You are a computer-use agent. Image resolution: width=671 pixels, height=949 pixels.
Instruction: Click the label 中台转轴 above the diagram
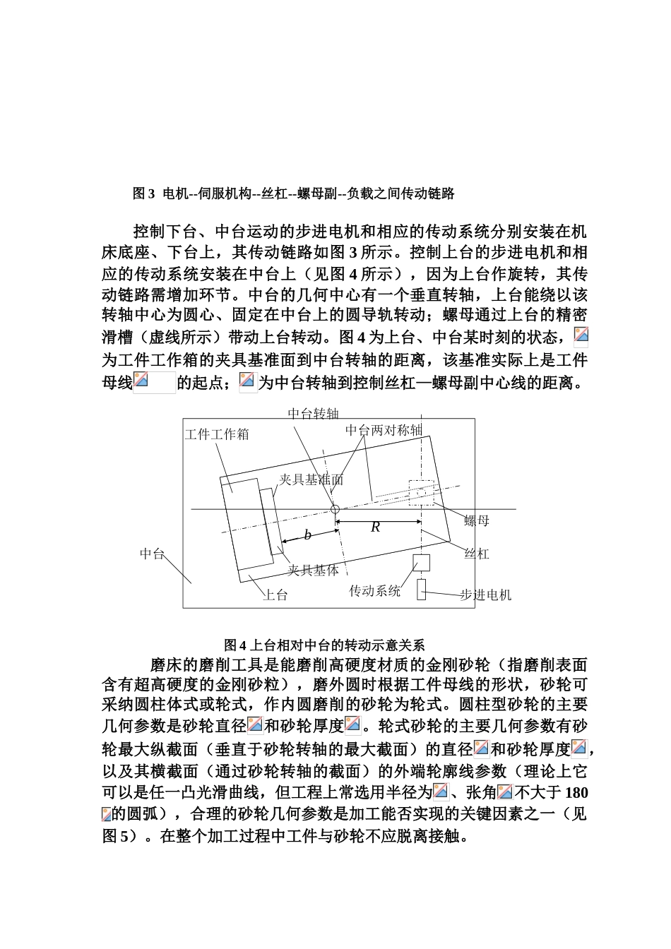(314, 413)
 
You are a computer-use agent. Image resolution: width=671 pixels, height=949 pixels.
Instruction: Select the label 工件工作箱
(217, 434)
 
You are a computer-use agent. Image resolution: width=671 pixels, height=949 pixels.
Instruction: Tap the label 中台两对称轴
(384, 430)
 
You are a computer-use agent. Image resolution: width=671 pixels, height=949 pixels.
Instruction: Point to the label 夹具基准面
(311, 479)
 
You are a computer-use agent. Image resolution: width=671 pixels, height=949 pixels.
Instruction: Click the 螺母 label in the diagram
(477, 521)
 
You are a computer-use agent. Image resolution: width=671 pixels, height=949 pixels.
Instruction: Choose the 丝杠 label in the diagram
(477, 554)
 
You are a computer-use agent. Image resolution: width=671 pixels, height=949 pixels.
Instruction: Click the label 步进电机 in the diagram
(486, 595)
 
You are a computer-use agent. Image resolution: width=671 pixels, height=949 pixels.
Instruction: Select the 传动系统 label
(375, 590)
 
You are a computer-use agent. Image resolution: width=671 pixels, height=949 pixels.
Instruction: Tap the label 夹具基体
(313, 570)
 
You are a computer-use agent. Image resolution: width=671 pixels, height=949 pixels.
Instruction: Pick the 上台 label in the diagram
(275, 595)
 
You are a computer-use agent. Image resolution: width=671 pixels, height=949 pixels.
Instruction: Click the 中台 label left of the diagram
(153, 554)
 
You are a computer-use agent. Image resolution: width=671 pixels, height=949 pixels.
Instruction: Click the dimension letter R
(376, 527)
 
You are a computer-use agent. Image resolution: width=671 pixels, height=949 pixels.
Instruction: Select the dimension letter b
(307, 535)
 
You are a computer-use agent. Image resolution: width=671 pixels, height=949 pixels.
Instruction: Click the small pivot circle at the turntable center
(335, 509)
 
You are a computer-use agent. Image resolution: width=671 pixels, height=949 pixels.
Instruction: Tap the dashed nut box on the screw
(421, 493)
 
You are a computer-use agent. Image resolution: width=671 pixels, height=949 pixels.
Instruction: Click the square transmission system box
(421, 562)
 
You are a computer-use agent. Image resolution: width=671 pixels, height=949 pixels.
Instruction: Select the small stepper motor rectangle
(421, 589)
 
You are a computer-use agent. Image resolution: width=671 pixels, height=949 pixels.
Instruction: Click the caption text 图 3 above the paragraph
(143, 193)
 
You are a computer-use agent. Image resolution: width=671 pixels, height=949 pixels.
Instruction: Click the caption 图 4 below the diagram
(234, 645)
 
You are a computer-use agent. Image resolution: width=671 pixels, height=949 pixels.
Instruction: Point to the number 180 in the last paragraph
(577, 792)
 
